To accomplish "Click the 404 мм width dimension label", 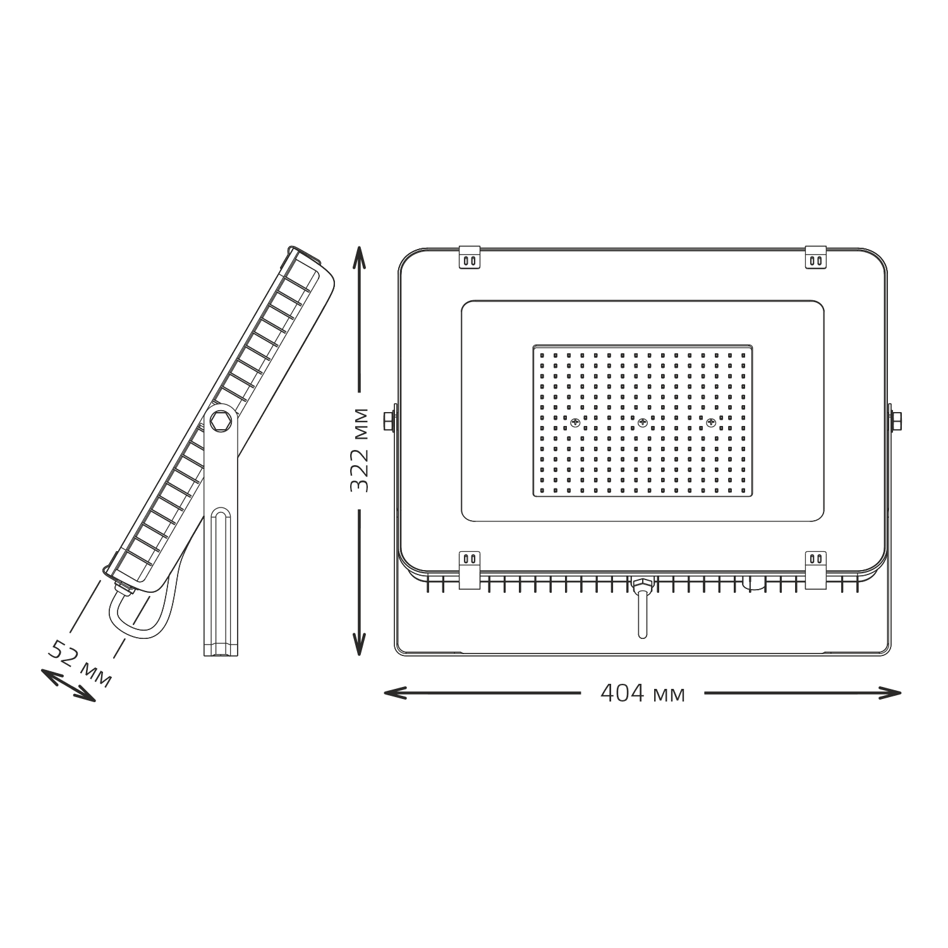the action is (642, 694).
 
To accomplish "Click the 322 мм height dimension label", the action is (359, 451).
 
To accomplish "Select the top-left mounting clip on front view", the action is (469, 257).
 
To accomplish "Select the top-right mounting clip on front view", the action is (815, 257).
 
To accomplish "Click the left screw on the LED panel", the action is (575, 423).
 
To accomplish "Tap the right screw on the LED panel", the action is (710, 423).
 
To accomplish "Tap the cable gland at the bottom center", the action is (642, 584).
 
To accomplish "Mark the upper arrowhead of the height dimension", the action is (359, 256).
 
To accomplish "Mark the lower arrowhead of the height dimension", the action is (359, 645).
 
